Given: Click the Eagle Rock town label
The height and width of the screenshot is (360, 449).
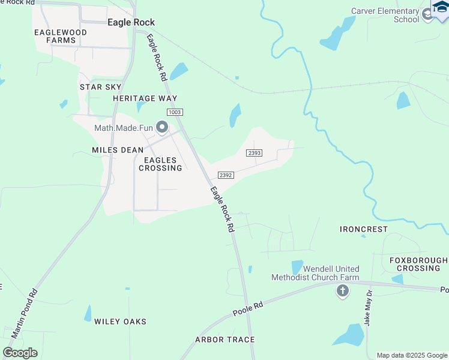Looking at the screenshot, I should [131, 22].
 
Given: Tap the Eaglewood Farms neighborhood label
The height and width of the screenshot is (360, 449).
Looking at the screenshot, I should [61, 36].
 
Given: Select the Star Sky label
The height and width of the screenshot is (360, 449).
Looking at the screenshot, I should [101, 87].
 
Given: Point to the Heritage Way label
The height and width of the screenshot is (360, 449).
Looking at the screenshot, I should [145, 98].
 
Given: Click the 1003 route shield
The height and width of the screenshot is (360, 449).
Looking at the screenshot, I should [175, 112].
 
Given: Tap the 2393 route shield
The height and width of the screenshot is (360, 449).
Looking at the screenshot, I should [254, 153].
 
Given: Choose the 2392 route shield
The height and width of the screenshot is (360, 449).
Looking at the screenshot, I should [226, 175].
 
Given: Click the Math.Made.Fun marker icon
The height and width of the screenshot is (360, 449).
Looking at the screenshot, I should [161, 127].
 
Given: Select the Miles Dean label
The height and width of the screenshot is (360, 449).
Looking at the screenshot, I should [118, 150].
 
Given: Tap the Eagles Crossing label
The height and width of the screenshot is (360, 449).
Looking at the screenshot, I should [160, 164].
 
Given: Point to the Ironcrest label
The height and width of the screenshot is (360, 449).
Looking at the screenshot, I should [364, 229].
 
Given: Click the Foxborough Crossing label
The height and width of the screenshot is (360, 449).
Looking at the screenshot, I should [418, 264].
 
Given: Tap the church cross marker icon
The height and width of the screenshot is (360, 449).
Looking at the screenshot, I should [342, 291].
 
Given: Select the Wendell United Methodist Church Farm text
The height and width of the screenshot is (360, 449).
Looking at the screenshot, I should [315, 273].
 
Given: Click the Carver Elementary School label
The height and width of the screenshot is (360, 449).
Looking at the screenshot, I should [385, 15].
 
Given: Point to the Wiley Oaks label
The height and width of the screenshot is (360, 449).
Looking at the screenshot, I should [120, 322].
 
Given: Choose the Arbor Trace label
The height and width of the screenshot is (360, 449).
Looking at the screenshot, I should [225, 340].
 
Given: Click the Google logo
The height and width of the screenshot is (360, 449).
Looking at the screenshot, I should [20, 353].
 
